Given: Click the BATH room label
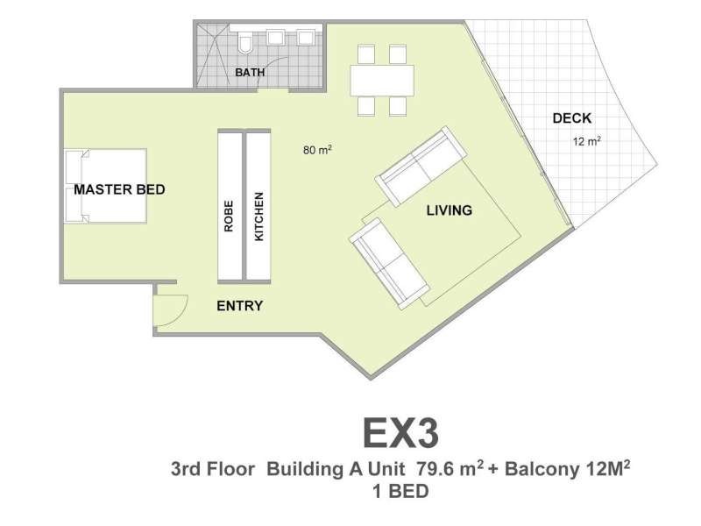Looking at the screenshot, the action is click(x=250, y=73).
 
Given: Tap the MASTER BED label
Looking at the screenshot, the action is click(x=119, y=189).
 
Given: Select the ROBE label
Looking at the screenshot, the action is click(x=229, y=217).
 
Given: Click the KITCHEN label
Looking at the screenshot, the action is click(x=258, y=217).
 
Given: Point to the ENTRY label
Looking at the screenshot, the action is click(x=240, y=306).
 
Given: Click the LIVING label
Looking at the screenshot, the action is click(x=450, y=210).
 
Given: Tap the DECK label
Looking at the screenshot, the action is click(x=572, y=118).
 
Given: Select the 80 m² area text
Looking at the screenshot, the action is click(x=317, y=150).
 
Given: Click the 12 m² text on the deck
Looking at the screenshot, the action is click(x=586, y=141).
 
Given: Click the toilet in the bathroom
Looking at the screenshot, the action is click(x=245, y=41).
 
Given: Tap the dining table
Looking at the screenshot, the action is click(x=382, y=81).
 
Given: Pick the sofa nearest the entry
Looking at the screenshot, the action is click(x=389, y=264).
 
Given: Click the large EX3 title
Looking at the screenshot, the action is click(x=401, y=433).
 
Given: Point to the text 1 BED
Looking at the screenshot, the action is click(x=400, y=491).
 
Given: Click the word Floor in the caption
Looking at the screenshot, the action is click(x=230, y=469).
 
